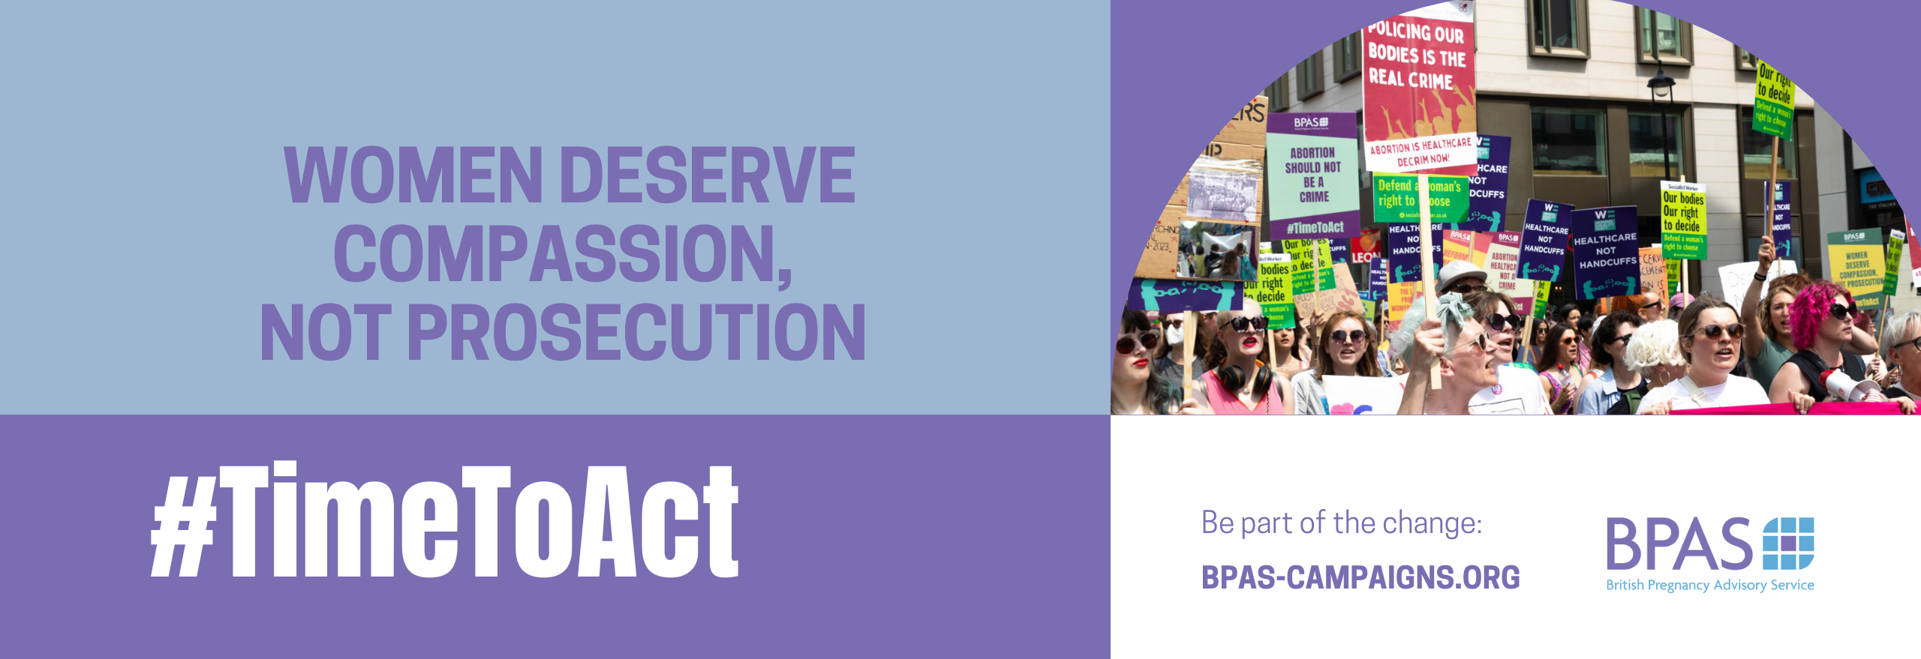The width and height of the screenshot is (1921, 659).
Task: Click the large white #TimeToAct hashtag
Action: tap(445, 520)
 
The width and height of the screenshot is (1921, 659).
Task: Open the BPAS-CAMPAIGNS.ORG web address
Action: tap(1360, 577)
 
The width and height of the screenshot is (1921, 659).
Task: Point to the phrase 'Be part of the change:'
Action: tap(1341, 523)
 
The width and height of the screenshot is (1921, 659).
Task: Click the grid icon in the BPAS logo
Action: tap(1787, 543)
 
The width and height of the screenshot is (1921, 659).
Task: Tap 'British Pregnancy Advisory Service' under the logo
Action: tap(1709, 586)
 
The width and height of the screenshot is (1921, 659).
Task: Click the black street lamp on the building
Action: tap(1661, 85)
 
